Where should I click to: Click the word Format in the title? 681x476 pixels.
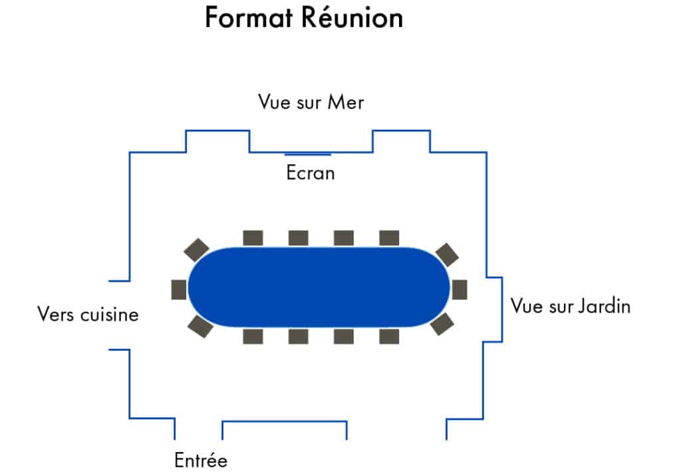[x=249, y=18]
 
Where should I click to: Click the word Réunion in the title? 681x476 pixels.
[x=352, y=17]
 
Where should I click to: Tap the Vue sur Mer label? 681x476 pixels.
[x=311, y=102]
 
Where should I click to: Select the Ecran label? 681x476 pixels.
[x=311, y=172]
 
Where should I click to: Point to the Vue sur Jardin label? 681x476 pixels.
[x=570, y=306]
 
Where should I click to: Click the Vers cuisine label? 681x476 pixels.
[x=88, y=314]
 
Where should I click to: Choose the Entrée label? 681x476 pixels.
[x=201, y=460]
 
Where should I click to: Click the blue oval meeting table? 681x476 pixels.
[x=319, y=287]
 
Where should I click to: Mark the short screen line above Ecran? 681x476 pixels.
[x=307, y=154]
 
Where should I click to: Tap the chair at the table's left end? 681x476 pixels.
[x=179, y=290]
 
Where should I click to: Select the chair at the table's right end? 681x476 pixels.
[x=460, y=290]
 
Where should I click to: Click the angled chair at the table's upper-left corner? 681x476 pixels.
[x=196, y=250]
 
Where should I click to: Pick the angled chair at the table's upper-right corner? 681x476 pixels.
[x=447, y=255]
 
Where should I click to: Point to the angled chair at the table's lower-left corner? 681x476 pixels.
[x=200, y=326]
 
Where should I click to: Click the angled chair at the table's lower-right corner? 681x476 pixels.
[x=442, y=324]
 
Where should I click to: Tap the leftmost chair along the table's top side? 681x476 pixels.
[x=253, y=238]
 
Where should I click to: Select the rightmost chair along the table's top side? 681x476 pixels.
[x=389, y=238]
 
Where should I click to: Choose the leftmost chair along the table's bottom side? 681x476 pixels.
[x=253, y=336]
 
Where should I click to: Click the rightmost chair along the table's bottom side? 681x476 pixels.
[x=389, y=336]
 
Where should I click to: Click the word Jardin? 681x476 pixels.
[x=605, y=306]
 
